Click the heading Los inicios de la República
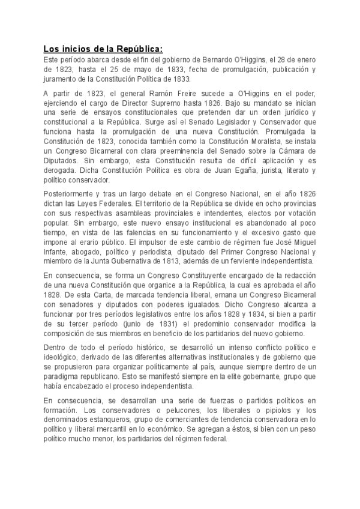[103, 49]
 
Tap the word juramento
[61, 78]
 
